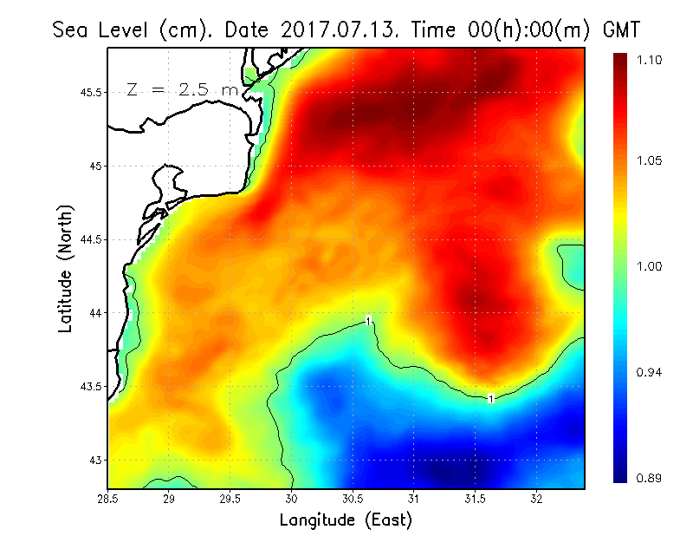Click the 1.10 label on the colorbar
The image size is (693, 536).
[651, 60]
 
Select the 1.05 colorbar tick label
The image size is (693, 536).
[651, 160]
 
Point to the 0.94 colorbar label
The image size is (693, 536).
[651, 373]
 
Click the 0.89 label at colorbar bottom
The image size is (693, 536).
[651, 477]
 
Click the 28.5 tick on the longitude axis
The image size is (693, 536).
[108, 499]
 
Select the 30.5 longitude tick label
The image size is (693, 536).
[353, 499]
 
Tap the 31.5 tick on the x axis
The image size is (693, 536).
[475, 499]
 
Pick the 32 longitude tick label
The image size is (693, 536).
[536, 499]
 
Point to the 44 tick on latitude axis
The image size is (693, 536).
[95, 312]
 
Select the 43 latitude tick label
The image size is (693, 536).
[95, 459]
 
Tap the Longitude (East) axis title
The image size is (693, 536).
[346, 520]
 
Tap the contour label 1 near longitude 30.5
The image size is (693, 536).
[369, 321]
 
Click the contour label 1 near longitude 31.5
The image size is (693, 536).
[491, 399]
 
